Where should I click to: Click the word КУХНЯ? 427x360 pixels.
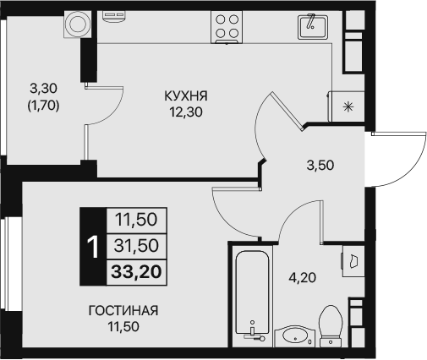pyautogui.click(x=186, y=96)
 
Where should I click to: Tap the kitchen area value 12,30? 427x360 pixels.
pyautogui.click(x=186, y=111)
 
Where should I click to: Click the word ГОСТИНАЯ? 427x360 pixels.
pyautogui.click(x=123, y=310)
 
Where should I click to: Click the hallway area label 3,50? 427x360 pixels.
pyautogui.click(x=320, y=165)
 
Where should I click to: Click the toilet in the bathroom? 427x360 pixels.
pyautogui.click(x=331, y=326)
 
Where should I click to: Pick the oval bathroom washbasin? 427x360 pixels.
pyautogui.click(x=295, y=335)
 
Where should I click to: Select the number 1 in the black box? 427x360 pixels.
pyautogui.click(x=93, y=247)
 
